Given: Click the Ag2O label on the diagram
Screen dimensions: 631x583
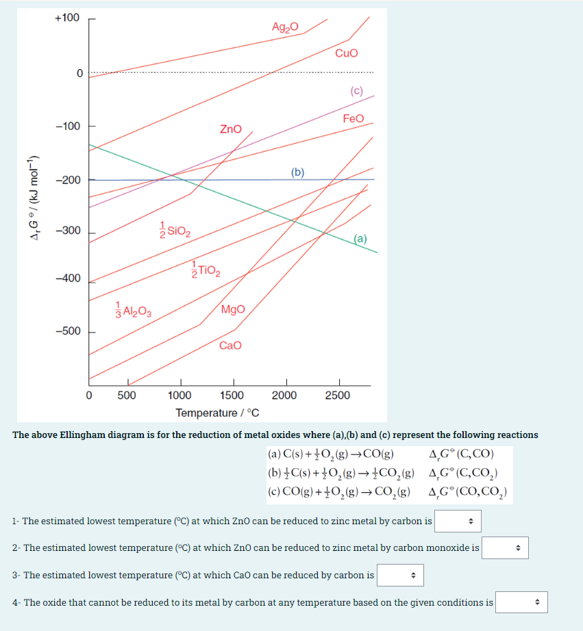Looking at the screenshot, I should (x=285, y=27).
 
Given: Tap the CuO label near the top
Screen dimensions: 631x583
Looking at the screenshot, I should (x=346, y=53).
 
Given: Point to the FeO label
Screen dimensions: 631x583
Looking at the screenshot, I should (x=353, y=118).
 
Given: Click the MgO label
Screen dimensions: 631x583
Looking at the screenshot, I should (x=233, y=309).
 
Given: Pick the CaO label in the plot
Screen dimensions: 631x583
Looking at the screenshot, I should (x=230, y=345).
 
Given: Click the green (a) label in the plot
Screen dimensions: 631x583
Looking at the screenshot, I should (x=361, y=239).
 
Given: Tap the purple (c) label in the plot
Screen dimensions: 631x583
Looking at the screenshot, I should (x=356, y=90).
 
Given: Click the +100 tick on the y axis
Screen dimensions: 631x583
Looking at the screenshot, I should (x=66, y=17).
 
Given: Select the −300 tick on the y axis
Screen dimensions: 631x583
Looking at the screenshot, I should (x=67, y=231).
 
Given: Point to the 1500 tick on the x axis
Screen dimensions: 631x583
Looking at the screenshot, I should (x=232, y=396).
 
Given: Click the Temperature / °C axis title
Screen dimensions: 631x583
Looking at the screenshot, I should (x=216, y=413).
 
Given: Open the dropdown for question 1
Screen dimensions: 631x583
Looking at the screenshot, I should (x=458, y=521).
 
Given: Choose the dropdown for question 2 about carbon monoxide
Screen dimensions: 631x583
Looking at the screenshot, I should (x=505, y=548).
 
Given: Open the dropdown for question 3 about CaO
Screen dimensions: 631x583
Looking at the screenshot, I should (x=400, y=575).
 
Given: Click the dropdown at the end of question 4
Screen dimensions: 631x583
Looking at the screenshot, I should (x=521, y=602).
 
